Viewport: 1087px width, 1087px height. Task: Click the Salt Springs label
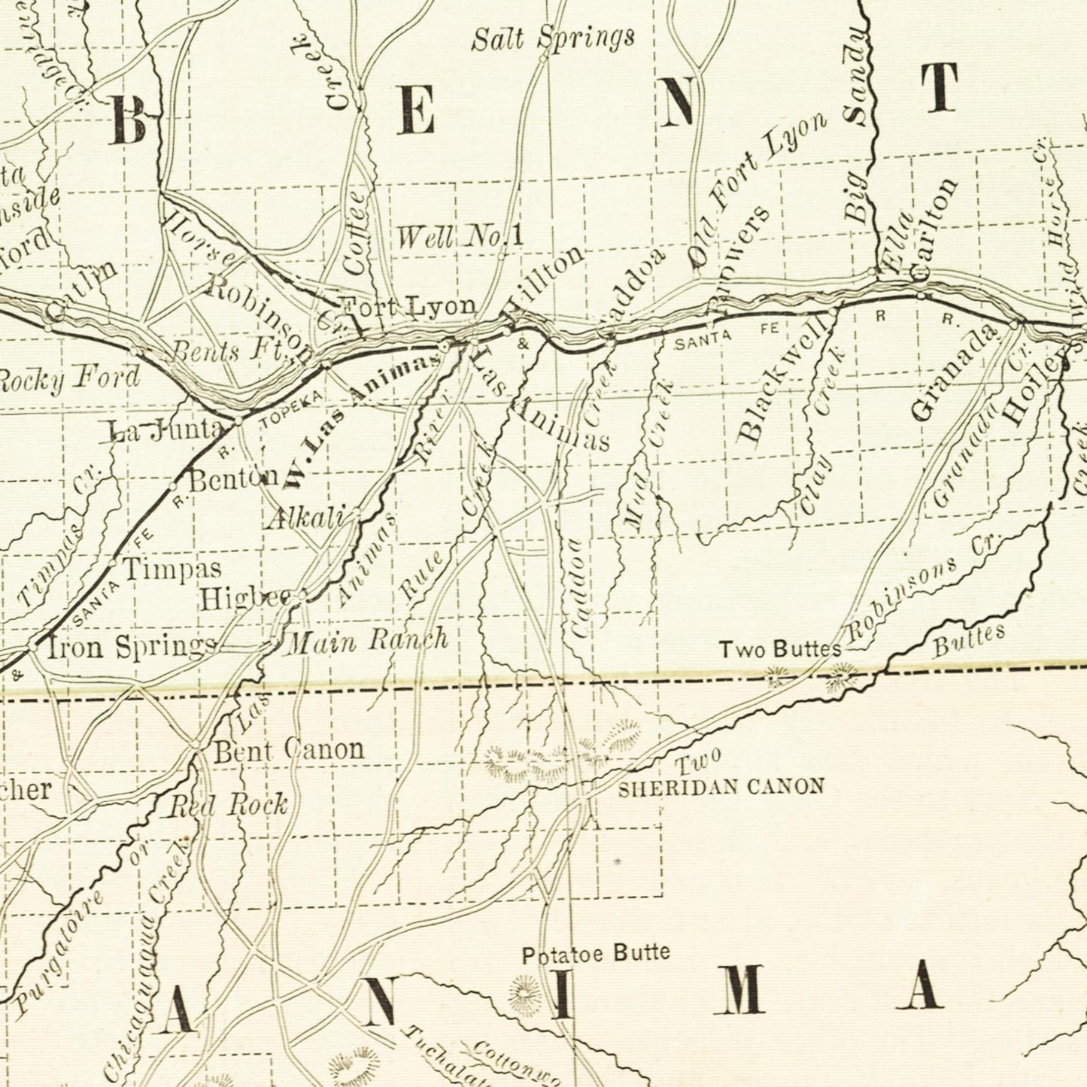tap(553, 38)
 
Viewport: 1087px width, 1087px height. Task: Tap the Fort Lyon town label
tap(408, 306)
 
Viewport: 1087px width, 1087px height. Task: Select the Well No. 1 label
tap(460, 238)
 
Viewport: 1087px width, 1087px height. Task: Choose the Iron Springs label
tap(132, 646)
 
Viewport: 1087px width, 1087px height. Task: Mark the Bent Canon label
tap(289, 749)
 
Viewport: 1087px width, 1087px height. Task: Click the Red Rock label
tap(227, 805)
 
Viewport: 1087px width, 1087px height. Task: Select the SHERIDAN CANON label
tap(721, 787)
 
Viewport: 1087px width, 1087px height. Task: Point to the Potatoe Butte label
tap(596, 954)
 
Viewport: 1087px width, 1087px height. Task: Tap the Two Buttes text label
tap(780, 649)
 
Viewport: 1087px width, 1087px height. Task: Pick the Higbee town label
tap(244, 599)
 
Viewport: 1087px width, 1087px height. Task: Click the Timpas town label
tap(172, 568)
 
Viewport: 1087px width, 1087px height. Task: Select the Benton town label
tap(233, 479)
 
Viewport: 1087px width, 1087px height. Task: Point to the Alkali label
tap(304, 518)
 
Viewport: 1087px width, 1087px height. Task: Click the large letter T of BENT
tap(940, 88)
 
